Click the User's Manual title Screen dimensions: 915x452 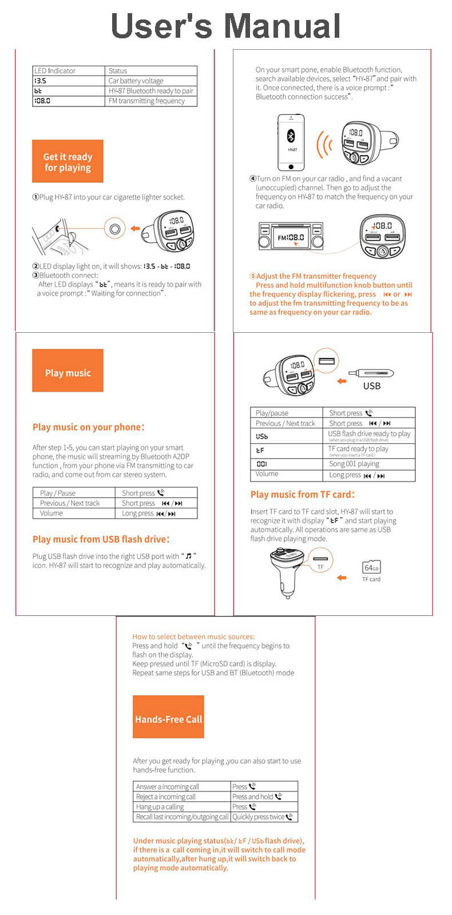click(x=225, y=26)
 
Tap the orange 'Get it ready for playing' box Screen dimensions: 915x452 click(x=68, y=162)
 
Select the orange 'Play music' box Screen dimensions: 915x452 click(x=68, y=372)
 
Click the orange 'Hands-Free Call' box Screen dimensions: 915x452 click(x=168, y=719)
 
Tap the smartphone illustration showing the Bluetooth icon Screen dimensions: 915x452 click(x=291, y=142)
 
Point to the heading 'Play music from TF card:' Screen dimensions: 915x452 click(x=302, y=494)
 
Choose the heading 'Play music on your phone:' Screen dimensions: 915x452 click(x=88, y=427)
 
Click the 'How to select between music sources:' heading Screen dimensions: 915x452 click(x=193, y=636)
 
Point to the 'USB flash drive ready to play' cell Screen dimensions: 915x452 click(x=369, y=435)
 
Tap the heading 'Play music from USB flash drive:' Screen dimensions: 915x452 click(x=101, y=539)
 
